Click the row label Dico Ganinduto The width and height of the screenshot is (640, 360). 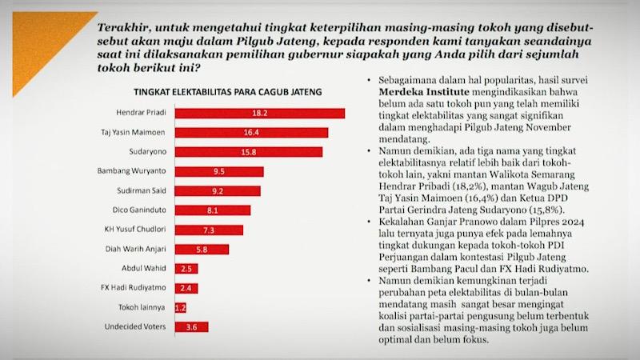coord(141,210)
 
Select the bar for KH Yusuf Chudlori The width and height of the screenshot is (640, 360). coord(207,230)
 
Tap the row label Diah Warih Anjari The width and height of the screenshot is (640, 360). coord(135,249)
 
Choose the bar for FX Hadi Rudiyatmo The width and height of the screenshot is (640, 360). coord(186,288)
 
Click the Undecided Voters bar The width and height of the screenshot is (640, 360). coord(191,326)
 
